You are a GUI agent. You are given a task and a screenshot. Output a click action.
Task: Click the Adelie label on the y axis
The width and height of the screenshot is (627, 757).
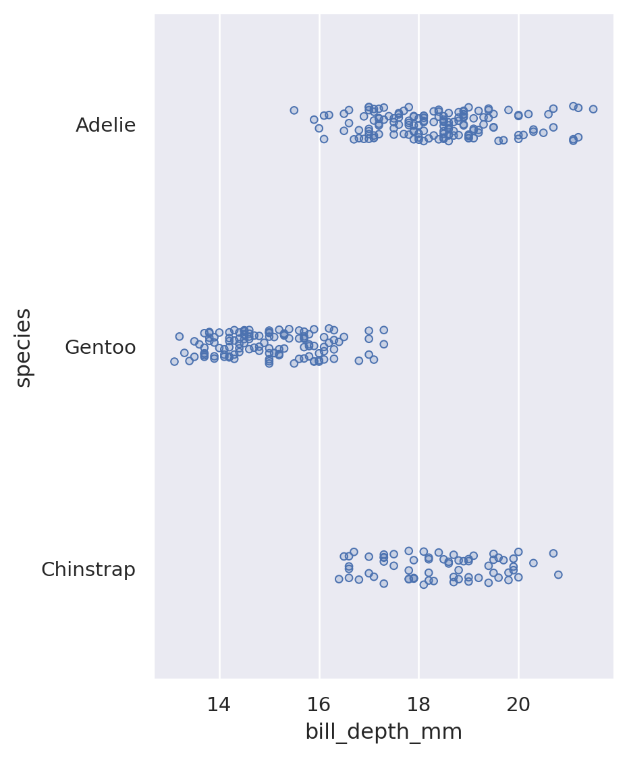coord(105,126)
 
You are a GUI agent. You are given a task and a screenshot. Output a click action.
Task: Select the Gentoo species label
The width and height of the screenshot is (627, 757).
coord(100,348)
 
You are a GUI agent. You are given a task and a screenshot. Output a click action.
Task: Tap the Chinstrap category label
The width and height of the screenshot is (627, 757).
coord(88,570)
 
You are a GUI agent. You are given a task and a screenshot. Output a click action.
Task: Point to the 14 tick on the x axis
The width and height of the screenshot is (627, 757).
coord(219,705)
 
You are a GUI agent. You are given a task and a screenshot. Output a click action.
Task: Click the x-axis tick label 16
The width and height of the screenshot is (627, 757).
coord(319,705)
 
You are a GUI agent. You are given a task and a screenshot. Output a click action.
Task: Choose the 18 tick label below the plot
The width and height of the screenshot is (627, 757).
coord(418,705)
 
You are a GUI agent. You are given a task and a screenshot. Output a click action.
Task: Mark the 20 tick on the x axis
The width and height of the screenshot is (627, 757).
coord(518,705)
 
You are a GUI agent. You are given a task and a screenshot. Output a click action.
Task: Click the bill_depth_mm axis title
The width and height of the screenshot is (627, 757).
coord(383,732)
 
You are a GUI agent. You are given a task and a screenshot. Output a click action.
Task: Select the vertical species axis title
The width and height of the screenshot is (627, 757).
coord(24,347)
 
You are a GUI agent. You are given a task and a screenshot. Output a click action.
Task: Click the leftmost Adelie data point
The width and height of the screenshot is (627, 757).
coord(294,110)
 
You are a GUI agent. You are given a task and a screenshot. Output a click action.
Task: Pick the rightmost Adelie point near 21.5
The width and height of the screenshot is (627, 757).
coord(593,109)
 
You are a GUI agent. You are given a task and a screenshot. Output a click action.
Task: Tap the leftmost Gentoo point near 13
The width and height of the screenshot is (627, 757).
coord(174,361)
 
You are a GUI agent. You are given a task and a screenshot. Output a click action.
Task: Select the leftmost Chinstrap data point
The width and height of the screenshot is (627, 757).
coord(339,579)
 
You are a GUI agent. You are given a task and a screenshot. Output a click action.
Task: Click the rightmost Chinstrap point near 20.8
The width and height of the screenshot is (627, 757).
coord(558,575)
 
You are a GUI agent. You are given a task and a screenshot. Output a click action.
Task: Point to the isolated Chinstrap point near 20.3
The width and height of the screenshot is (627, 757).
coord(533,563)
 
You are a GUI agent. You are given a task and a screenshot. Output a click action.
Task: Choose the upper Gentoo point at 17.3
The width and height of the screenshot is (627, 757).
coord(383,330)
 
